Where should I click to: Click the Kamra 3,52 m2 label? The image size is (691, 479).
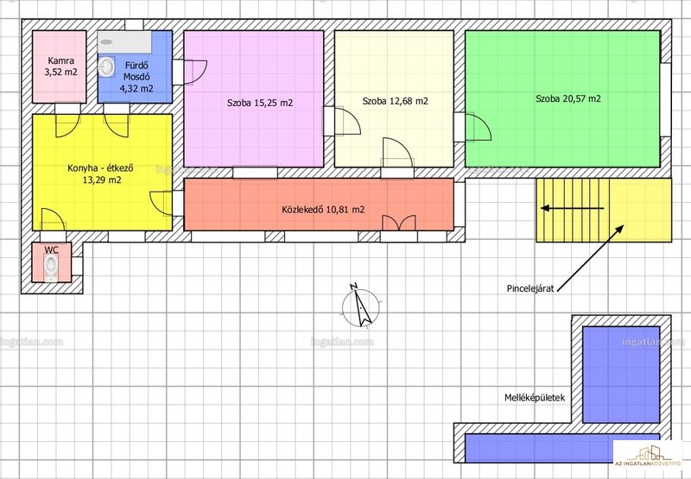pyautogui.click(x=60, y=66)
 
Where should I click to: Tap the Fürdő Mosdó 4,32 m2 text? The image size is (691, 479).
pyautogui.click(x=136, y=77)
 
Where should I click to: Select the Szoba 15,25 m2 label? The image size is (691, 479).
pyautogui.click(x=260, y=103)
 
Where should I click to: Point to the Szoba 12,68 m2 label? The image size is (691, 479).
pyautogui.click(x=396, y=101)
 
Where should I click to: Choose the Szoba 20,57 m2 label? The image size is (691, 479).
pyautogui.click(x=568, y=98)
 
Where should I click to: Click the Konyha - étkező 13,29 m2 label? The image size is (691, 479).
pyautogui.click(x=101, y=173)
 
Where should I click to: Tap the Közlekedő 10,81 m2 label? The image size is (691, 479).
pyautogui.click(x=323, y=210)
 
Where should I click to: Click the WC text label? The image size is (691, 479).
pyautogui.click(x=51, y=249)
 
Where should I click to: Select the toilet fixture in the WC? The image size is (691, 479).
pyautogui.click(x=51, y=268)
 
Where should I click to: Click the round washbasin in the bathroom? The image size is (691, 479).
pyautogui.click(x=105, y=67)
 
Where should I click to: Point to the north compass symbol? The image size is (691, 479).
pyautogui.click(x=360, y=306)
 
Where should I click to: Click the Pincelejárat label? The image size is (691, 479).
pyautogui.click(x=530, y=289)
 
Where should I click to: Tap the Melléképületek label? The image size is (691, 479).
pyautogui.click(x=535, y=398)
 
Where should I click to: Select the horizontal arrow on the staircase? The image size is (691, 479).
pyautogui.click(x=572, y=208)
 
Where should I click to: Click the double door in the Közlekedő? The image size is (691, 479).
pyautogui.click(x=399, y=223)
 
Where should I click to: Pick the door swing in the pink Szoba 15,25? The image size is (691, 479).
pyautogui.click(x=195, y=72)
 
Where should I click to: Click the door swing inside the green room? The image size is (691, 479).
pyautogui.click(x=479, y=127)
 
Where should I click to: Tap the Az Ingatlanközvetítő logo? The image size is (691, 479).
pyautogui.click(x=648, y=453)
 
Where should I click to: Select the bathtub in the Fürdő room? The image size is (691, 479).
pyautogui.click(x=124, y=42)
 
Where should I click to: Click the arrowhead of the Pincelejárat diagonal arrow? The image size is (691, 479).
pyautogui.click(x=619, y=229)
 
